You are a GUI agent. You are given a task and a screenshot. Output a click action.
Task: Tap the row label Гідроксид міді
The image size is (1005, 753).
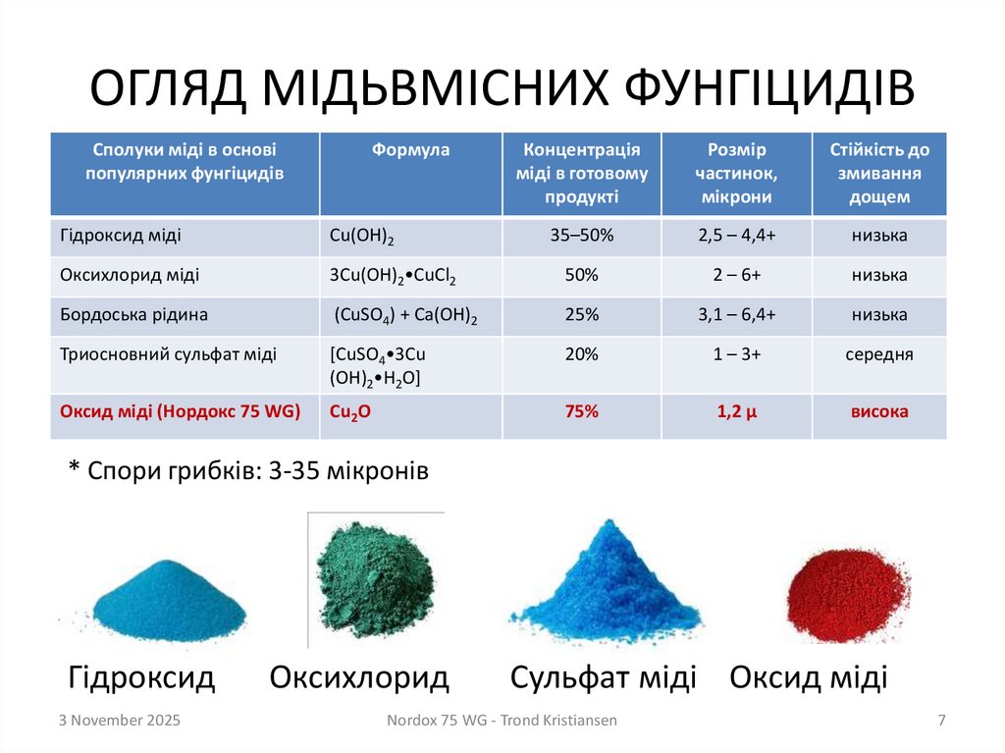pos(121,237)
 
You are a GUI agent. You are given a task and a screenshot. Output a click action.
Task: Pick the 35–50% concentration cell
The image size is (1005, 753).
pos(582,237)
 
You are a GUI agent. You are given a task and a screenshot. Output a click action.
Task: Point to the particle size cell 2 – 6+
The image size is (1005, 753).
pos(737,276)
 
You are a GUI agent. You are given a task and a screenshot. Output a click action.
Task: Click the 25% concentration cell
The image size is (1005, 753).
pos(582,315)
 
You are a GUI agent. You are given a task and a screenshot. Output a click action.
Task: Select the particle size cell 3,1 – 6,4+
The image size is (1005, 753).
pos(737,315)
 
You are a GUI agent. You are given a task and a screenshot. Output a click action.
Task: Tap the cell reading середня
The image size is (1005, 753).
pos(879,354)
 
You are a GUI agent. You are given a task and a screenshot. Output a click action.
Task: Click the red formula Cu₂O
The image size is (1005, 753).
pos(350,412)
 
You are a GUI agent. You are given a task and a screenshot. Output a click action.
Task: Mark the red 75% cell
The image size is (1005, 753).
pos(582,412)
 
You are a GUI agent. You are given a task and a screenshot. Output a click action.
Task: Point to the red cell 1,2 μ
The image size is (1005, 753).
pos(737,412)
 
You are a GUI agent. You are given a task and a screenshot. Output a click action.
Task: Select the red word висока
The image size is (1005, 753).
pos(879,412)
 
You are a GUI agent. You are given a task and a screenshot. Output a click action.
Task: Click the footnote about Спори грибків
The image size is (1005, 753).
pos(249,471)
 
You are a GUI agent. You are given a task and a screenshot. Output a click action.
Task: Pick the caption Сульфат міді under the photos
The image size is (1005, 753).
pos(603,677)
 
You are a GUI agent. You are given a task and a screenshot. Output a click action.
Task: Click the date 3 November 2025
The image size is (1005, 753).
pos(119,721)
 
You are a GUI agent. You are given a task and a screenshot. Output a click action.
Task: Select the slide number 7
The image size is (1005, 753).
pos(941,721)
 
